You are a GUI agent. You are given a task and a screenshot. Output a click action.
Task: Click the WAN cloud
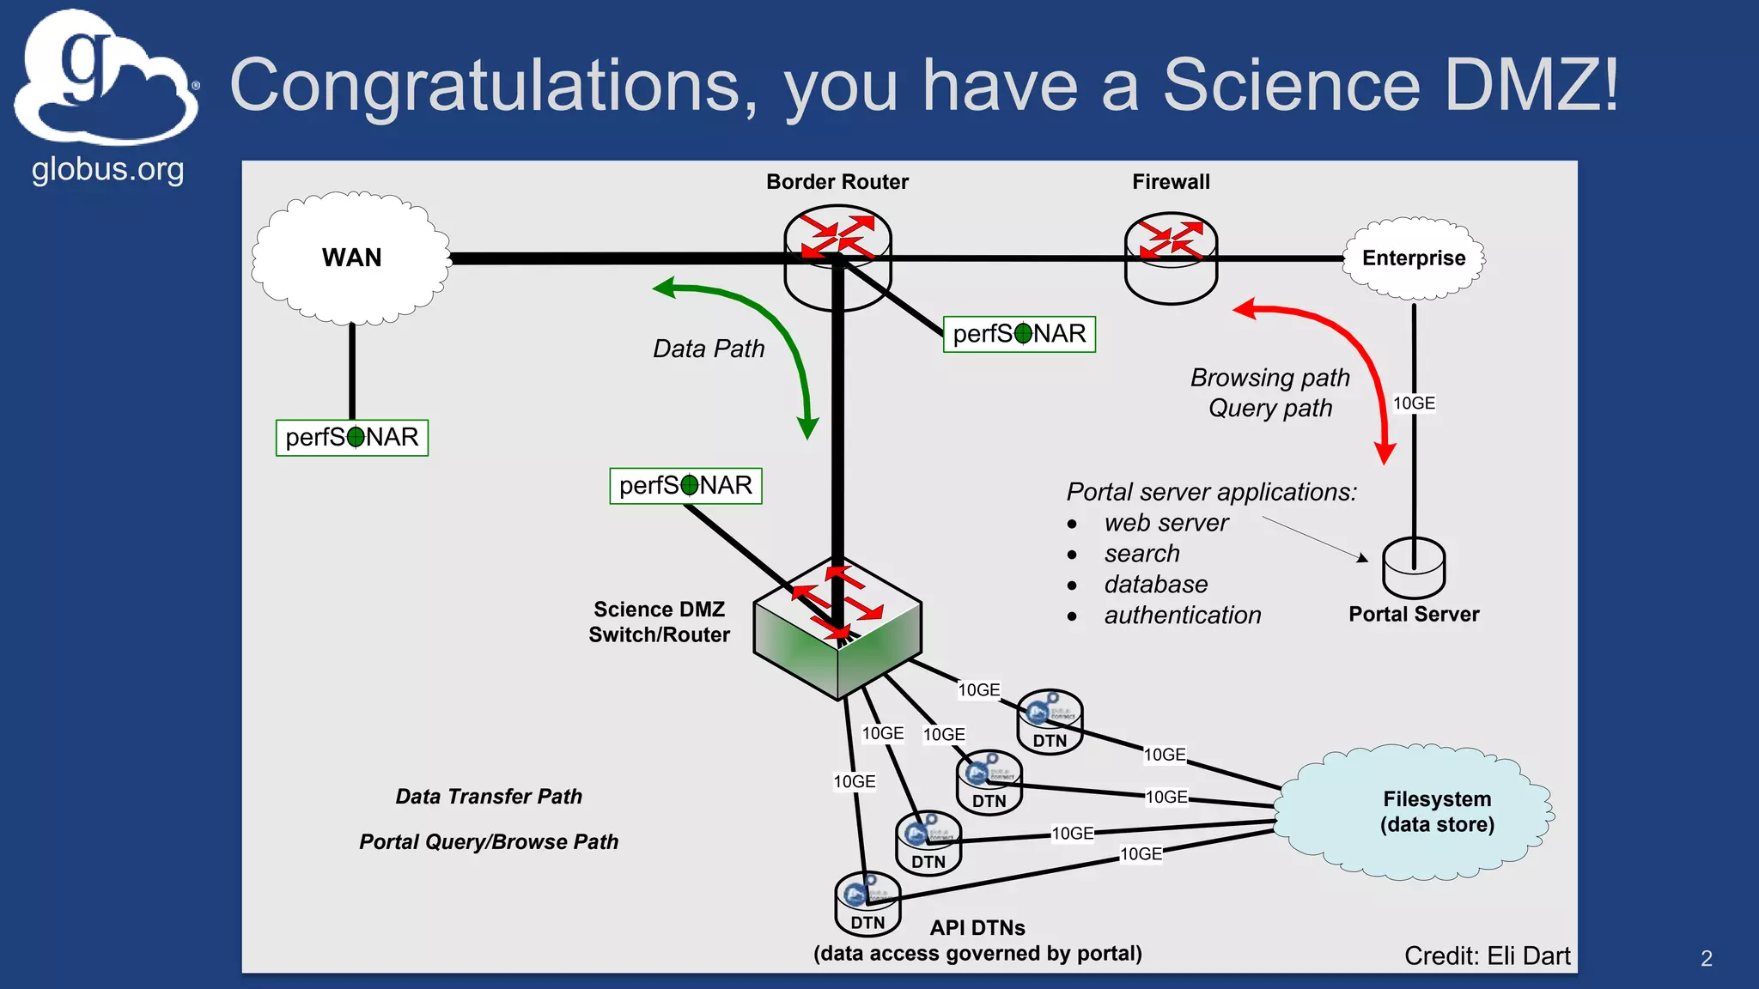tap(351, 258)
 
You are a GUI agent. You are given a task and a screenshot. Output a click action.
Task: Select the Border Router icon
tap(837, 256)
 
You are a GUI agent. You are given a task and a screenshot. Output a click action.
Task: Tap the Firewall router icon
tap(1171, 258)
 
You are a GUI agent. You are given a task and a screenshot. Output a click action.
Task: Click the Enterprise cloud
tap(1414, 258)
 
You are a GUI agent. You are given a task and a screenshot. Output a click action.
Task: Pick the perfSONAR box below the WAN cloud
tap(351, 438)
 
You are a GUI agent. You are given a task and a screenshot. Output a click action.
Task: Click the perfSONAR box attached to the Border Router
tap(1019, 334)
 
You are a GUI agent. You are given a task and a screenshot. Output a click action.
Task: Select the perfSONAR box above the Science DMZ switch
tap(685, 486)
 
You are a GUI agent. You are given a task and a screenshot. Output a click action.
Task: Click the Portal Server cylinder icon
tap(1414, 568)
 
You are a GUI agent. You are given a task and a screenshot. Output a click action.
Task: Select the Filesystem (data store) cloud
tap(1414, 812)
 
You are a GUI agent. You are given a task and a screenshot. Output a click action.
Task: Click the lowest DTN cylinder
tap(867, 906)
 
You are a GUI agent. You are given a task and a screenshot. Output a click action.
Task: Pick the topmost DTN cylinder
tap(1050, 723)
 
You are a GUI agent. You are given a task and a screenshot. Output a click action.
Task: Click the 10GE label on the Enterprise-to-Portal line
tap(1414, 403)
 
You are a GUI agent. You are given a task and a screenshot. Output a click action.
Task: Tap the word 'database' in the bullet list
tap(1155, 585)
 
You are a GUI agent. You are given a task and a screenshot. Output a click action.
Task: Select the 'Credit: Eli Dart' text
tap(1487, 956)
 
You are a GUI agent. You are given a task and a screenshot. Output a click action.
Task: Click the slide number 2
tap(1706, 959)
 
